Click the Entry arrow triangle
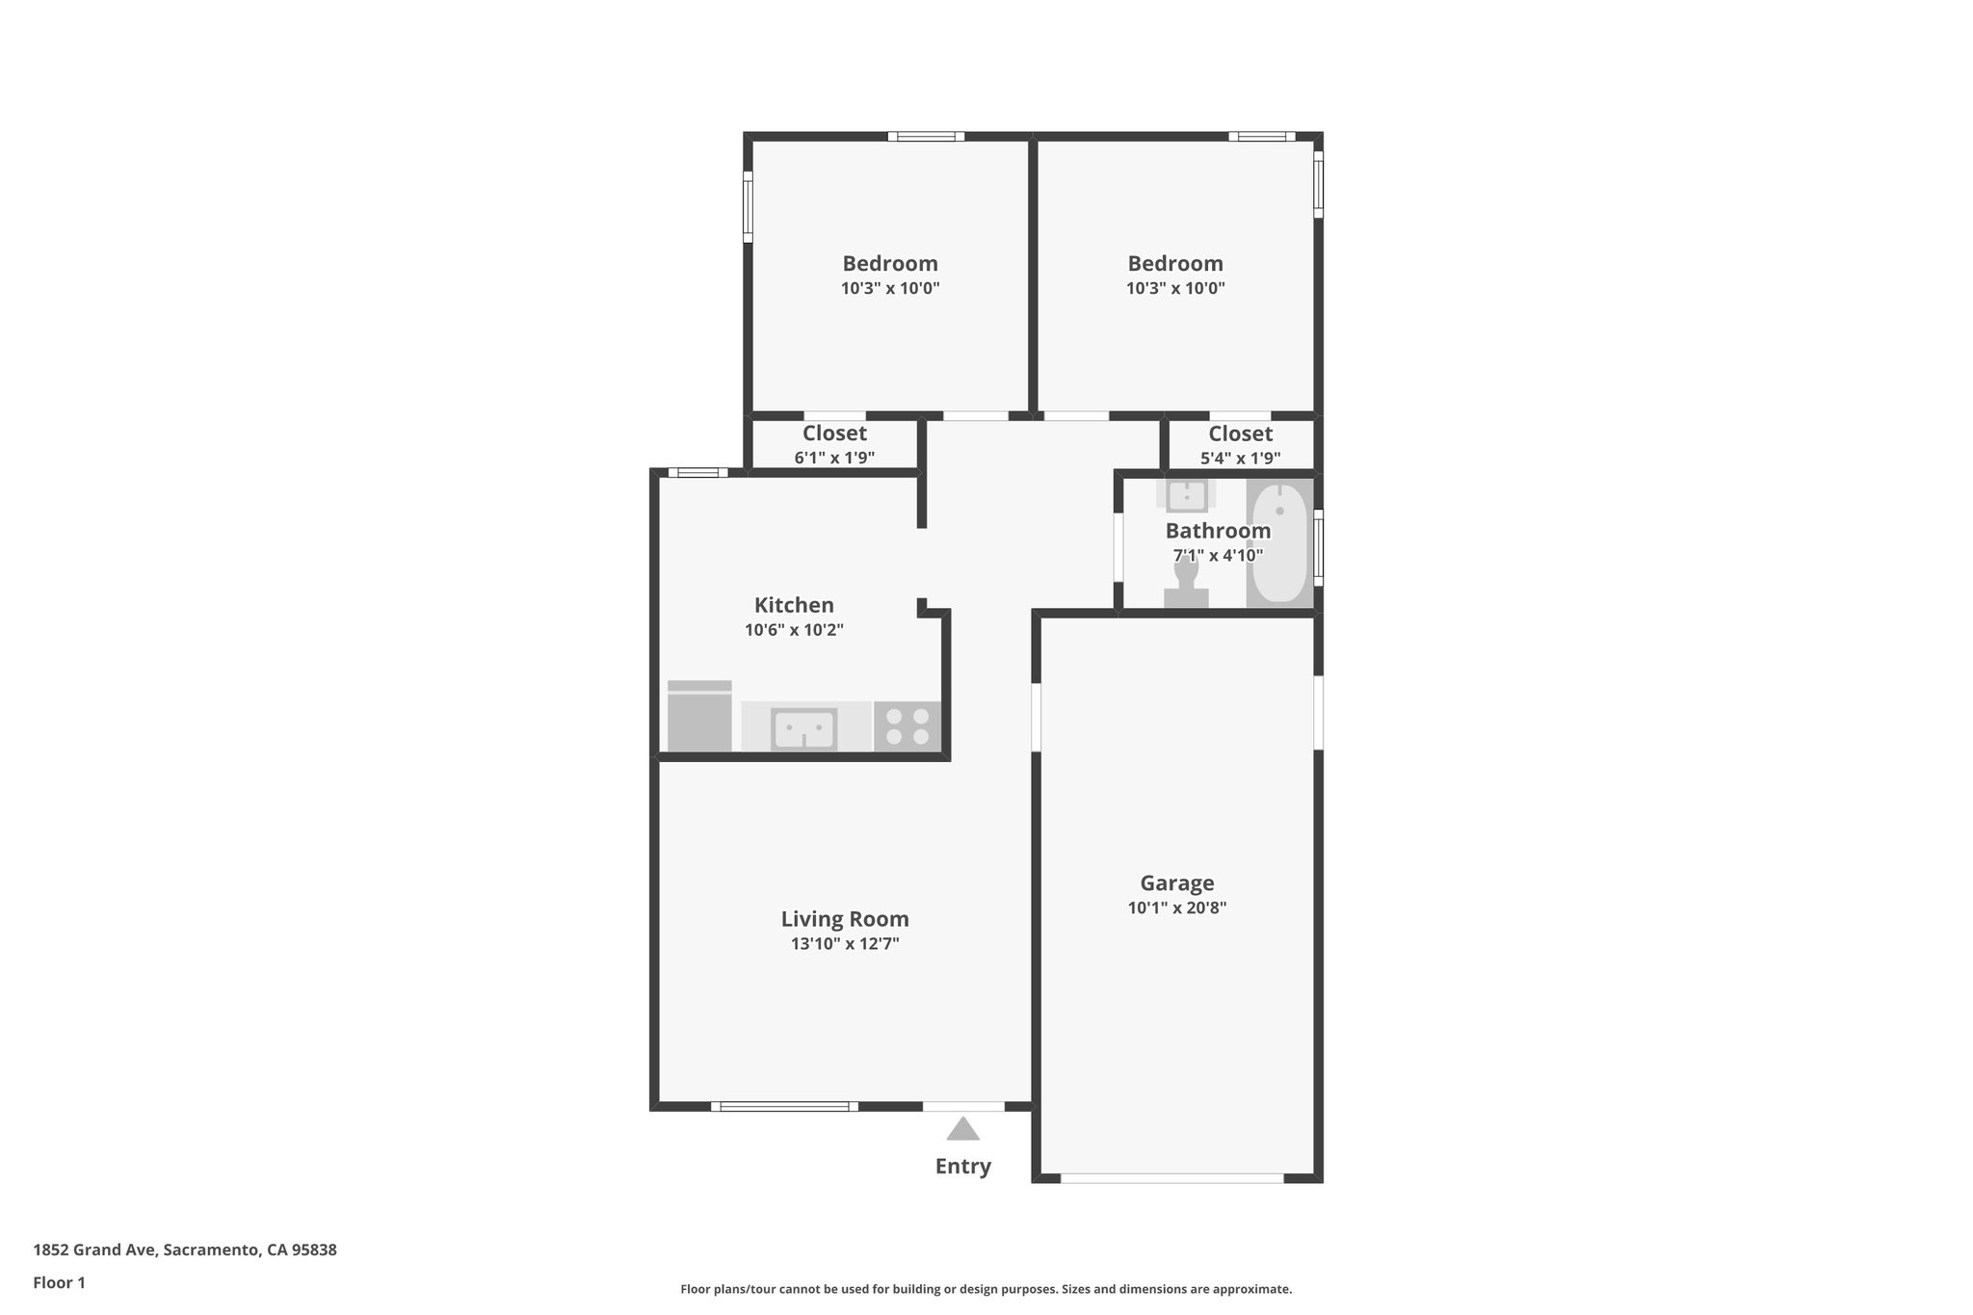[962, 1129]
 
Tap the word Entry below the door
[962, 1167]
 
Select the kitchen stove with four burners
[907, 726]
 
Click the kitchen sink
[803, 727]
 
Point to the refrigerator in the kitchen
[699, 717]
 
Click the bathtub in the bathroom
[1279, 544]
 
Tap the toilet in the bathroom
[1186, 583]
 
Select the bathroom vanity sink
[1186, 495]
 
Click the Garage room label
[1176, 883]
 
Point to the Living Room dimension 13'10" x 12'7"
[845, 944]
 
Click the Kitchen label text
[794, 606]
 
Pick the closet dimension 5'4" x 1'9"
[1240, 459]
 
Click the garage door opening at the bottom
[1171, 1178]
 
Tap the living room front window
[784, 1107]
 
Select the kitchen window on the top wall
[698, 473]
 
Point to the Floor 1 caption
[59, 1283]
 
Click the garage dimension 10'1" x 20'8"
[1176, 907]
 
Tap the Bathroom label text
[1218, 531]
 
